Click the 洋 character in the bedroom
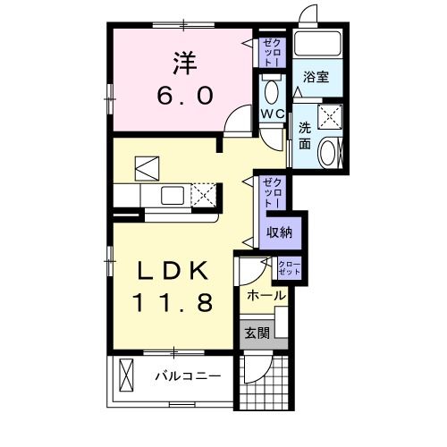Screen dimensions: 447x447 coord(184,63)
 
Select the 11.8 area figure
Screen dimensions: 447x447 coord(174,303)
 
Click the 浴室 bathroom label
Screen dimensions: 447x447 coord(316,78)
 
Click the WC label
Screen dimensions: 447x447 coord(272,115)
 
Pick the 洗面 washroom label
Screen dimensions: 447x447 coord(303,134)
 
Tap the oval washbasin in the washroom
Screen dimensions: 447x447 coord(328,153)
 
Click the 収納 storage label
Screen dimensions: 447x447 coord(279,231)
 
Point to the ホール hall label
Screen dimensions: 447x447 coord(266,295)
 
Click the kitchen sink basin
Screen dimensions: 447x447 coord(172,195)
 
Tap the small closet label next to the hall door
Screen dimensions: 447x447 coord(289,266)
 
